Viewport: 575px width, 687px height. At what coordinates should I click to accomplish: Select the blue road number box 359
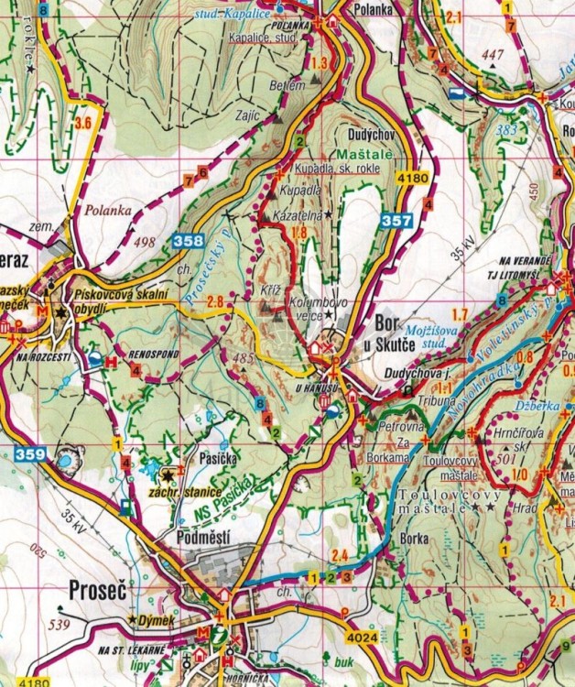click(x=30, y=451)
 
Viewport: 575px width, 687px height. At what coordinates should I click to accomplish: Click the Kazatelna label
click(x=296, y=213)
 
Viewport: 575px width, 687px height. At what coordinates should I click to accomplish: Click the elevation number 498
click(x=145, y=242)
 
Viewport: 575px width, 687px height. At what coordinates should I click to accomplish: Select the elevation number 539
click(x=61, y=626)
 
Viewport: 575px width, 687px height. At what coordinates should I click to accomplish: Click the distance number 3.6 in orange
click(x=83, y=123)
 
